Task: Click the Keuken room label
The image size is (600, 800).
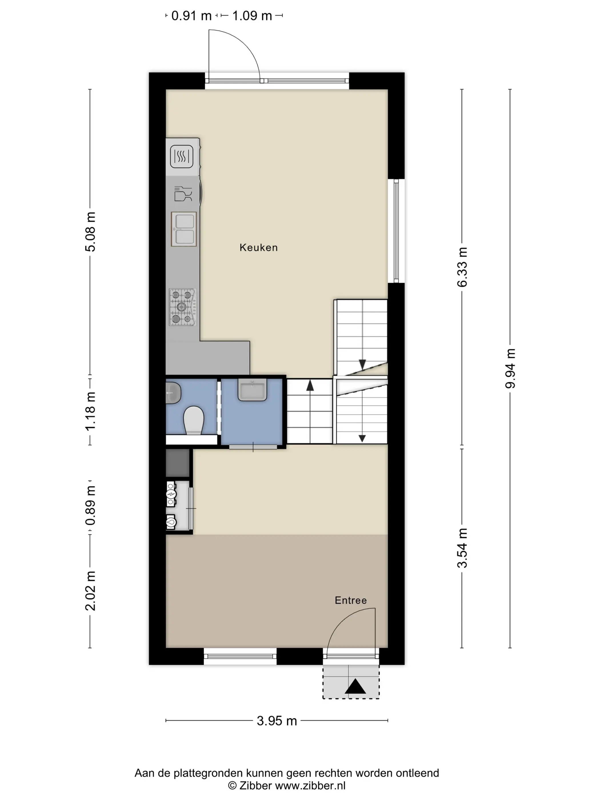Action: tap(259, 248)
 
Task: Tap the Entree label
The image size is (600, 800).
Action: tap(351, 600)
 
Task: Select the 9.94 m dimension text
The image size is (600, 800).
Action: tap(510, 369)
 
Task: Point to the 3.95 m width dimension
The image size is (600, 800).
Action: tap(277, 721)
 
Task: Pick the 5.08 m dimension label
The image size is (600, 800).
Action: tap(90, 232)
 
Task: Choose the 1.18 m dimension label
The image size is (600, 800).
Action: tap(90, 411)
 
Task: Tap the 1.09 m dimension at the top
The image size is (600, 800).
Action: tap(252, 16)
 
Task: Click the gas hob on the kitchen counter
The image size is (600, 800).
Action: tap(183, 307)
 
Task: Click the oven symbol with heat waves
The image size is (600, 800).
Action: tap(181, 157)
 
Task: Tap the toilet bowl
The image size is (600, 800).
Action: tap(193, 420)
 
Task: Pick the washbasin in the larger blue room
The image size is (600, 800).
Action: tap(253, 389)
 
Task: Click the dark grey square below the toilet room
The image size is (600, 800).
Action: tap(178, 463)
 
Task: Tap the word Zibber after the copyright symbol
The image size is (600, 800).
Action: tap(255, 785)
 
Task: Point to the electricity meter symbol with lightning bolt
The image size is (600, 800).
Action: tap(171, 494)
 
